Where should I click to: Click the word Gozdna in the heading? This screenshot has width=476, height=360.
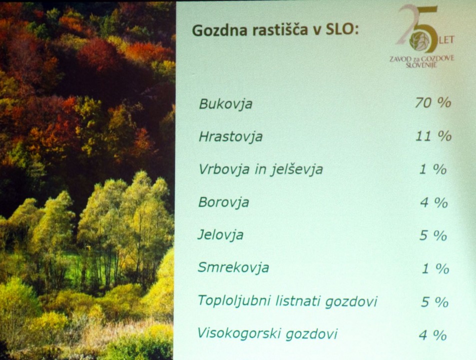(220, 30)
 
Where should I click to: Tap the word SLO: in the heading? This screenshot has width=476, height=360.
(342, 29)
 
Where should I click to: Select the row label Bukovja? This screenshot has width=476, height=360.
(226, 104)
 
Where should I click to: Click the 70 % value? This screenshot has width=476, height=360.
(433, 102)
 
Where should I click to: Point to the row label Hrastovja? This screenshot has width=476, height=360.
(230, 136)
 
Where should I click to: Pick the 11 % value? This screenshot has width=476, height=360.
(434, 136)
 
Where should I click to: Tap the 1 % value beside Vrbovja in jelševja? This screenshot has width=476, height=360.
(433, 169)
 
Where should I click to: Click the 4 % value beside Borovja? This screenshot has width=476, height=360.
(434, 202)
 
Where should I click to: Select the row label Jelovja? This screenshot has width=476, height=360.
(221, 235)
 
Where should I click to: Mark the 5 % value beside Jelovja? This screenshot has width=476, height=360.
(433, 235)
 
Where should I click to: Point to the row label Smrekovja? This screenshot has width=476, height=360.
(233, 267)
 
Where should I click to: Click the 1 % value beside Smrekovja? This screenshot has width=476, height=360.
(436, 268)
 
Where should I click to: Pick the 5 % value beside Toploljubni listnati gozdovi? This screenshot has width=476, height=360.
(435, 301)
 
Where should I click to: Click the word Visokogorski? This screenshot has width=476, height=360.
(238, 333)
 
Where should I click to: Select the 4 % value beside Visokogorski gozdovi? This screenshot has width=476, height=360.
(433, 335)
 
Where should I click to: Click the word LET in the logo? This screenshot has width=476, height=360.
(446, 40)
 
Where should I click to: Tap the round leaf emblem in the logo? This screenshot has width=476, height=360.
(420, 41)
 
